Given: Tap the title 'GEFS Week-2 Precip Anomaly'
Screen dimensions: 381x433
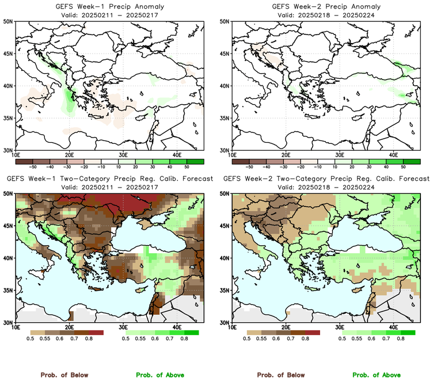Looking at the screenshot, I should pos(325,6).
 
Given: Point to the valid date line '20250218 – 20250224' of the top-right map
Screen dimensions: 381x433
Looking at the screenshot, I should pos(325,14).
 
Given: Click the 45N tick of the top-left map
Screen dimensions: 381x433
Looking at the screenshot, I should pos(9,54).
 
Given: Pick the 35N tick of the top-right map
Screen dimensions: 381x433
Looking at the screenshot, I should pos(226,118).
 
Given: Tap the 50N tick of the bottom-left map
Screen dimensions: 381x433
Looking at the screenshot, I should pos(9,194).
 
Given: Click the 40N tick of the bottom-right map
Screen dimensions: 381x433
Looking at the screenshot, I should pos(226,258).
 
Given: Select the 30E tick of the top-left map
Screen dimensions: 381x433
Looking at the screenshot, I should pos(123,155).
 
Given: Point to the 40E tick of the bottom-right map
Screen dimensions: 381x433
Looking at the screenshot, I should pos(394,327).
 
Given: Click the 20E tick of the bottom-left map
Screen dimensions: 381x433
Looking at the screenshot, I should pos(69,327).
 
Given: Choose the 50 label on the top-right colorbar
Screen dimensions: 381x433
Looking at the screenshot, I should pos(404,165).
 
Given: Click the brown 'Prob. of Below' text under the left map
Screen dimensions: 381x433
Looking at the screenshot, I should pos(64,375).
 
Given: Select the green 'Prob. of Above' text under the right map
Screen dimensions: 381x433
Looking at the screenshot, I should pos(377,375).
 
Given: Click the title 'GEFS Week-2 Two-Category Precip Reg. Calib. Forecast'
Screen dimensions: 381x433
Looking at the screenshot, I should pos(325,179).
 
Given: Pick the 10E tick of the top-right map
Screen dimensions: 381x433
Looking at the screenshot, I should pos(232,155).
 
